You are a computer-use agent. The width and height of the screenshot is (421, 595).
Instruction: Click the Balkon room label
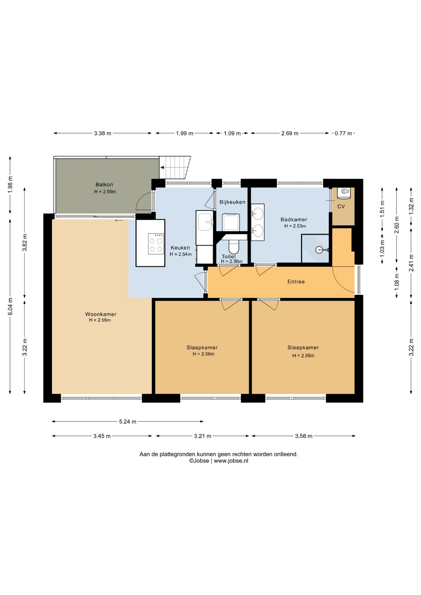pos(104,185)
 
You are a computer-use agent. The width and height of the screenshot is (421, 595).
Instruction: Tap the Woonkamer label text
pos(101,314)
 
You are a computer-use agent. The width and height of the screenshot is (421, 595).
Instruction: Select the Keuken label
pos(180,248)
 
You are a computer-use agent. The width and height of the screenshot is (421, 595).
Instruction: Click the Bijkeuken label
pos(232,202)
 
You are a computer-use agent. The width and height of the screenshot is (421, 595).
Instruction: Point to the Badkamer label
pos(294,220)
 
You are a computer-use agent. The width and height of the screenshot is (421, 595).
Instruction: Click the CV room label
pos(341,206)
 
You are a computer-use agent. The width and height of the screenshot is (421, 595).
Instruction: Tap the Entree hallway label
pos(296,282)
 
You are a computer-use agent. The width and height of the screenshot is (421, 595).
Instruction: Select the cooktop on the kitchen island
pos(156,244)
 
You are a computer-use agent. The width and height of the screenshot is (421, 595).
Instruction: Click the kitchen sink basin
pos(205,222)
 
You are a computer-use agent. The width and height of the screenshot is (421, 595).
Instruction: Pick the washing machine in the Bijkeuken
pos(231,222)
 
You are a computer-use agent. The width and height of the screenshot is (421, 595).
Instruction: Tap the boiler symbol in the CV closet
pos(344,192)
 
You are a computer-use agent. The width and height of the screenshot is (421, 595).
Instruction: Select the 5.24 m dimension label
pos(128,421)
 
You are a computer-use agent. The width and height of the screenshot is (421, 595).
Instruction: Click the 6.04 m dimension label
pos(10,306)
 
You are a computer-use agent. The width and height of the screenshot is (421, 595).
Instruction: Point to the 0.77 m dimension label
pos(343,134)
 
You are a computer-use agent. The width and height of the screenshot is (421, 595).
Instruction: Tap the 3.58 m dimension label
pos(304,436)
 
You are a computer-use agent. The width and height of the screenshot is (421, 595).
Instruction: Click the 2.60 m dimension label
pos(397,225)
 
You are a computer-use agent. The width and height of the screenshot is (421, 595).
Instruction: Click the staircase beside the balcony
pos(175,168)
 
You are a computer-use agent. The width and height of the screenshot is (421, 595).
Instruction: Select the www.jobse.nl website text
pos(231,461)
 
